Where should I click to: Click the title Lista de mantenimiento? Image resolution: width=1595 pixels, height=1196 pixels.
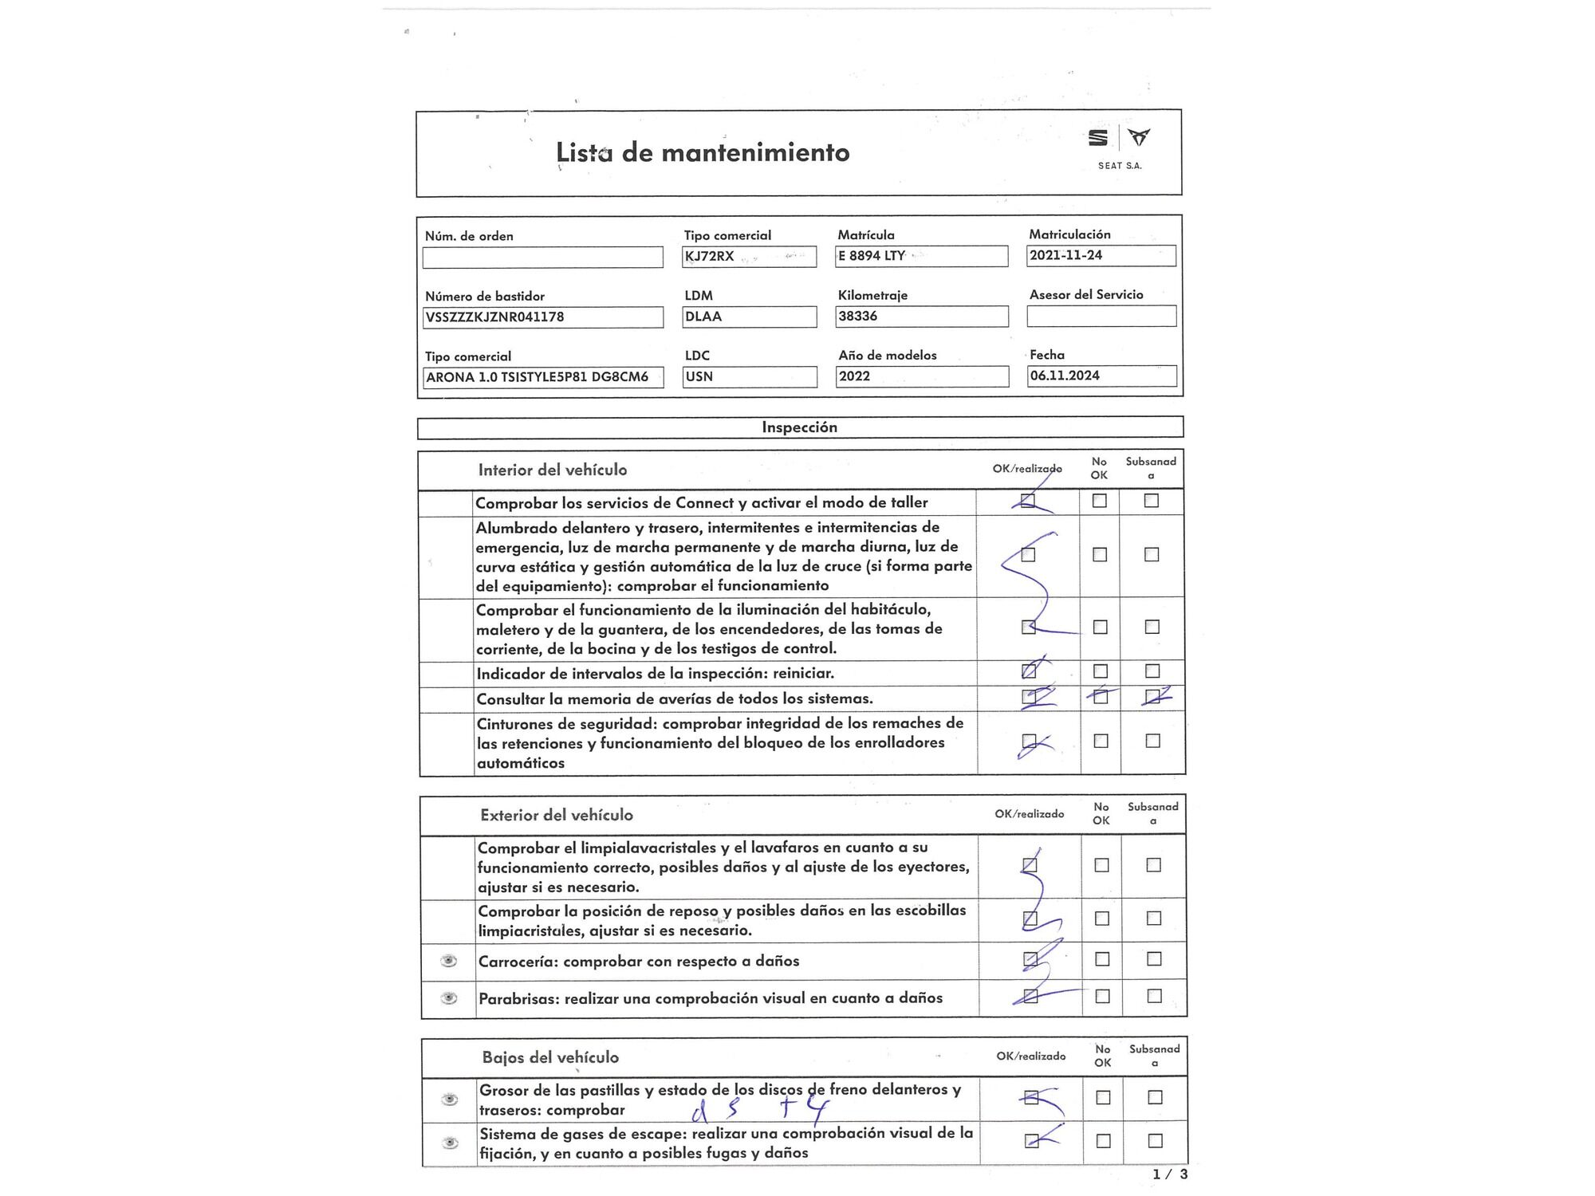tap(703, 152)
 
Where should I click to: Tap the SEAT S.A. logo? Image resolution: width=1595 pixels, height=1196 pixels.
tap(1119, 148)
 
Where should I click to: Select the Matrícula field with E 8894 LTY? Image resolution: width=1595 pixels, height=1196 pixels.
tap(921, 256)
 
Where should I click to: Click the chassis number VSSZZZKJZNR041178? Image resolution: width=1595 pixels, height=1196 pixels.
tap(542, 317)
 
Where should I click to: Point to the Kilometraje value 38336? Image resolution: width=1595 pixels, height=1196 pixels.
tap(921, 317)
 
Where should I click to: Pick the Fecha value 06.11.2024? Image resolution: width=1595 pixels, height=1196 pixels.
tap(1101, 376)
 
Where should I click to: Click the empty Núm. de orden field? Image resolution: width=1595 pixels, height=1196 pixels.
tap(542, 258)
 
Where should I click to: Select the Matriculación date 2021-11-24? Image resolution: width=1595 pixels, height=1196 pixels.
tap(1101, 255)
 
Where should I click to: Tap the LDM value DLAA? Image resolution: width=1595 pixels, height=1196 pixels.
tap(749, 317)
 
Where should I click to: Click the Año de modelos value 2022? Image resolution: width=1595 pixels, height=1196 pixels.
tap(921, 376)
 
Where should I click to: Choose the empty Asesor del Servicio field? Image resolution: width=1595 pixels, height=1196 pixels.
tap(1101, 317)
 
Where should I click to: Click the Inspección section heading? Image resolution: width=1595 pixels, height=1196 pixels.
tap(799, 427)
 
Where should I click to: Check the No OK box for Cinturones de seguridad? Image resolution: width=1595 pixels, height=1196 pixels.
tap(1101, 741)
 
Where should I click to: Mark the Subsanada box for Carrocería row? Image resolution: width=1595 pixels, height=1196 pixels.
tap(1154, 959)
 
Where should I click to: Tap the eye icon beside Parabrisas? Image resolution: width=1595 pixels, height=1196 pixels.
tap(449, 998)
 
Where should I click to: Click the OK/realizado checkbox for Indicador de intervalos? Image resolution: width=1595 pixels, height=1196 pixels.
tap(1029, 671)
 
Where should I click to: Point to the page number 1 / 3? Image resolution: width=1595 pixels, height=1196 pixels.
tap(1170, 1174)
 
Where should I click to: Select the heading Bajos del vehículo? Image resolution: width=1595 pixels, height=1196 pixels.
tap(550, 1057)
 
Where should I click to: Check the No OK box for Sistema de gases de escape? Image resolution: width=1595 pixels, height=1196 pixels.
tap(1103, 1141)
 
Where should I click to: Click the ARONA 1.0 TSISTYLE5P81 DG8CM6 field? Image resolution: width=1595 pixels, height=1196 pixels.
tap(542, 377)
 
